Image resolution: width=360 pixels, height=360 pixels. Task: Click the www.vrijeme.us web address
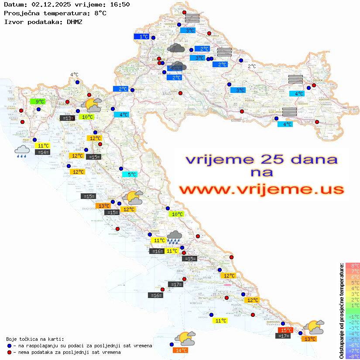[x=261, y=189]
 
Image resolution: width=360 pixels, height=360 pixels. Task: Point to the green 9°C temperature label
[x=38, y=102]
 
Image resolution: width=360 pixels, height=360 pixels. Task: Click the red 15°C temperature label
[x=285, y=330]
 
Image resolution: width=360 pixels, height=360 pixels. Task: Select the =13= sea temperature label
[x=67, y=118]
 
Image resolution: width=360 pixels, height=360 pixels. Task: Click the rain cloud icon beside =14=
[x=22, y=151]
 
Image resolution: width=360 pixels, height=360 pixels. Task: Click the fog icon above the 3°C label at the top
[x=192, y=18]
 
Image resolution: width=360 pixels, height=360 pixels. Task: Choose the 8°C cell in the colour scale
[x=352, y=266]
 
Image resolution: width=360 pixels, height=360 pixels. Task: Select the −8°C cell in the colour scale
[x=352, y=357]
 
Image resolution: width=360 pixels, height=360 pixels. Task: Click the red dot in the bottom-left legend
[x=10, y=352]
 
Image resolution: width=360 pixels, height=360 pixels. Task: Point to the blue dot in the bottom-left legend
[x=10, y=346]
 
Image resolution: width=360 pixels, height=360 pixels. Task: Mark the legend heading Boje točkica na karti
[x=35, y=339]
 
